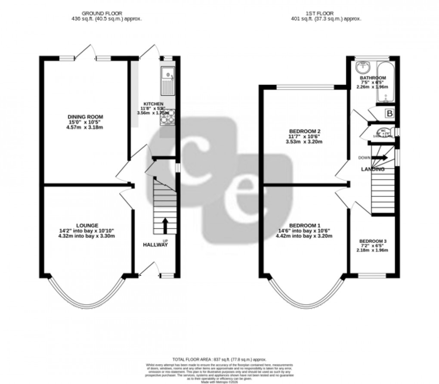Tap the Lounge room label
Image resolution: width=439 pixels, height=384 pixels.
[87, 225]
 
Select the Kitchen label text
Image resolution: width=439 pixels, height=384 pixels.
[153, 104]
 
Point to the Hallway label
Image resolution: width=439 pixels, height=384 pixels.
[155, 245]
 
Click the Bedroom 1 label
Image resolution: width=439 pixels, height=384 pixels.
[305, 225]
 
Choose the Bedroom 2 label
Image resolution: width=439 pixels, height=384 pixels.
[305, 131]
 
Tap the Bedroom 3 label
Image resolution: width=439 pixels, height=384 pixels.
[373, 241]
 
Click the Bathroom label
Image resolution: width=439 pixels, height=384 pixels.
[373, 77]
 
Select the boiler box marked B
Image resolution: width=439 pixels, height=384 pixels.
[390, 114]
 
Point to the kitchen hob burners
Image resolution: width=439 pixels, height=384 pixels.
[168, 116]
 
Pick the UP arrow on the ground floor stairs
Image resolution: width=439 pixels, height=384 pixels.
[165, 225]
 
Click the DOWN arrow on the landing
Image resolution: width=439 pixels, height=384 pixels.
[379, 158]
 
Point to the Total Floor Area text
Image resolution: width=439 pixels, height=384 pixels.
[219, 359]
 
